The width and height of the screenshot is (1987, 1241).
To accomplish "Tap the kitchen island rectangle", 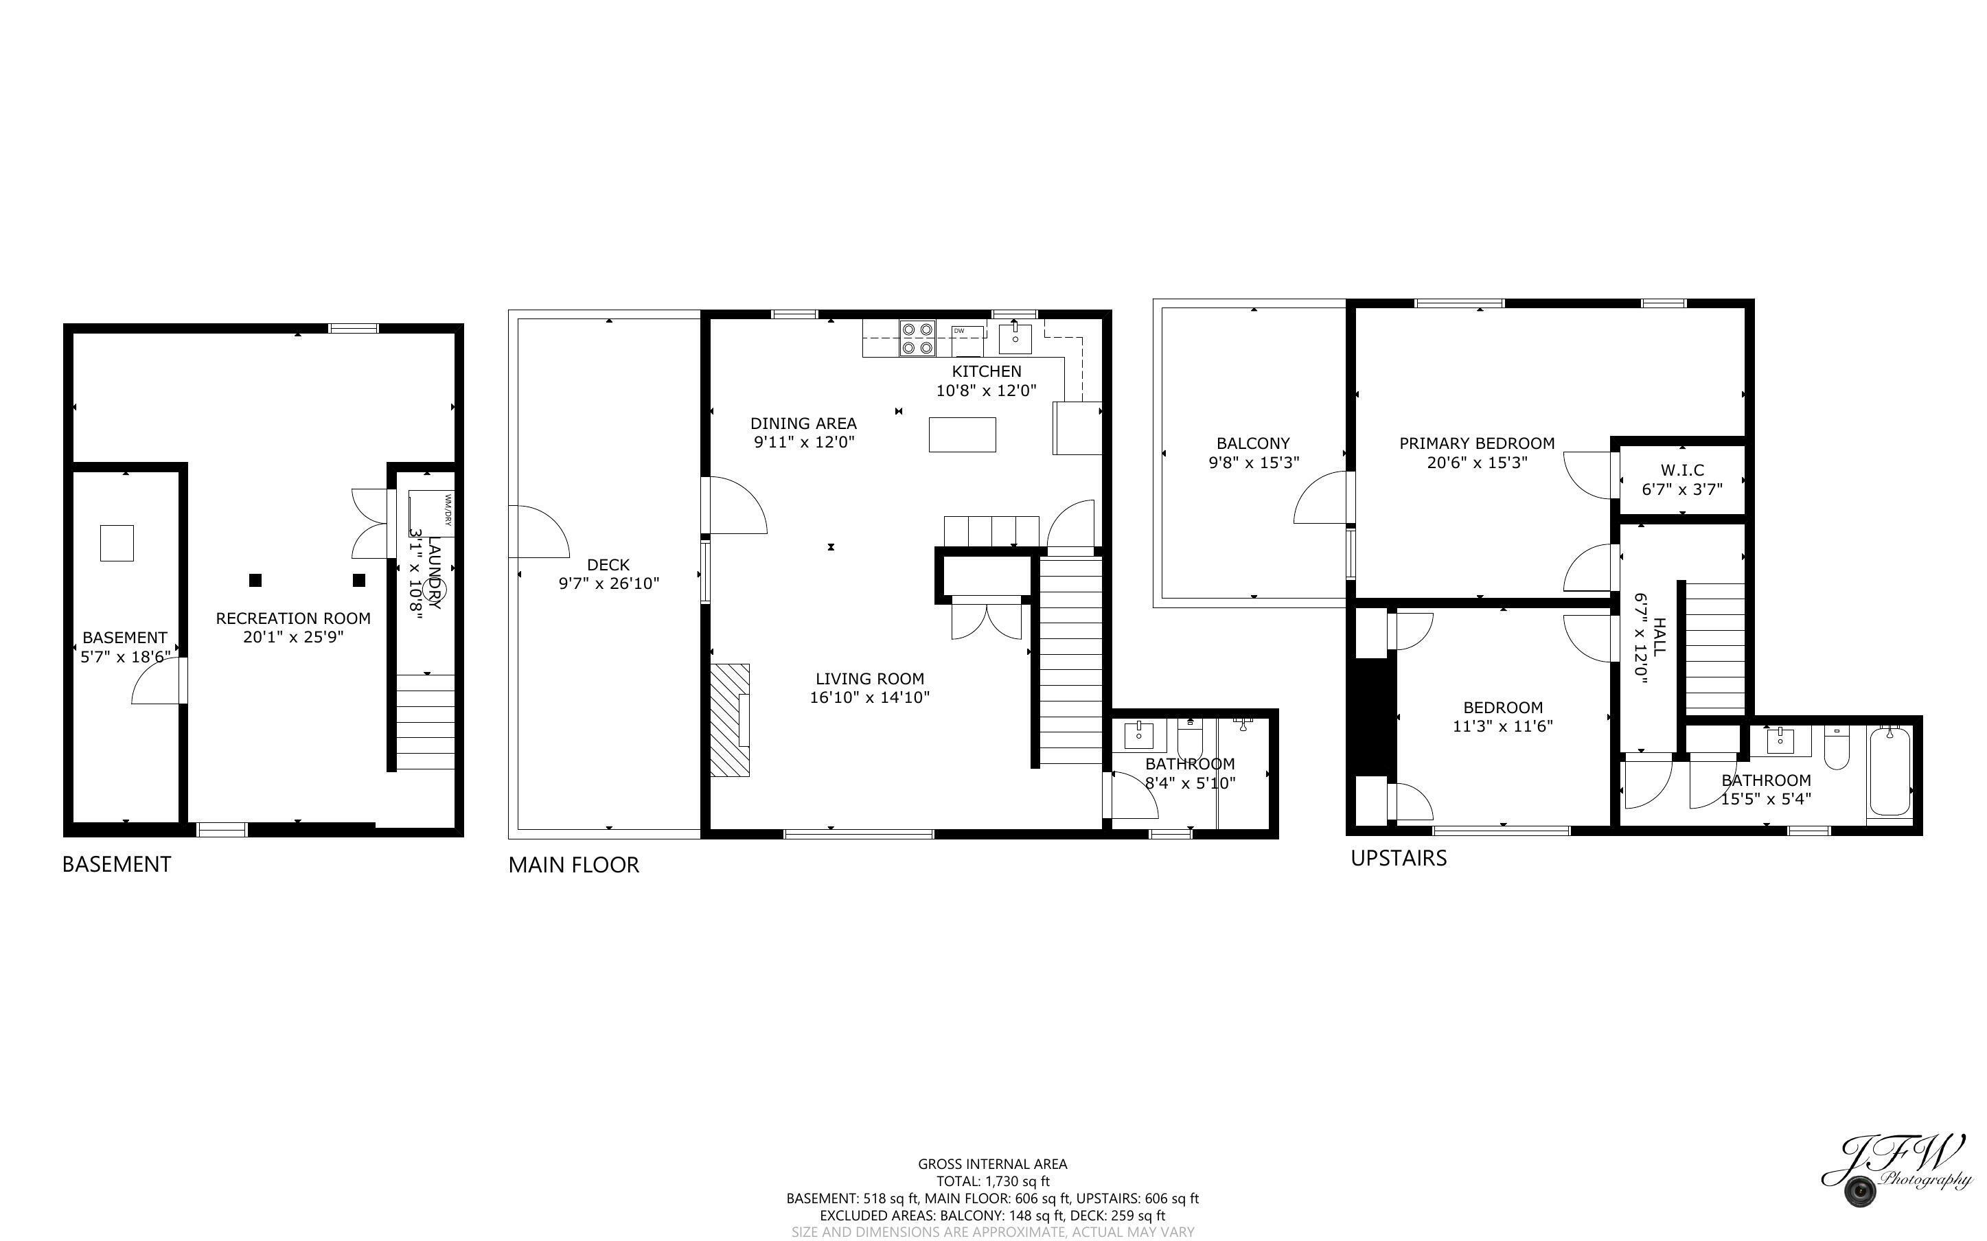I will tap(962, 434).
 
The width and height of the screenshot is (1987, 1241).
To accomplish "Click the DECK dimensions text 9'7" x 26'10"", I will tap(608, 583).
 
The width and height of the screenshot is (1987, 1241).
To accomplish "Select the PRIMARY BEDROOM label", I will tap(1476, 444).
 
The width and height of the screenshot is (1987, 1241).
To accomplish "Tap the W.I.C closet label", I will tap(1681, 470).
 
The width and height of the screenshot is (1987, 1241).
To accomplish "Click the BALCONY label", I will tap(1253, 444).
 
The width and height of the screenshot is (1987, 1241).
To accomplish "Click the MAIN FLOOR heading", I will tap(573, 865).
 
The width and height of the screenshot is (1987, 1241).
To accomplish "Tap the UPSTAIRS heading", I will tap(1399, 859).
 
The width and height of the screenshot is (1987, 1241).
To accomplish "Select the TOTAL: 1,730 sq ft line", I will tap(992, 1181).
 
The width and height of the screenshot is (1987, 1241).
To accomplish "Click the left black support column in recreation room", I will tap(255, 580).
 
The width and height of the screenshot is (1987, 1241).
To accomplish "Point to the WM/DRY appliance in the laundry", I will tap(431, 513).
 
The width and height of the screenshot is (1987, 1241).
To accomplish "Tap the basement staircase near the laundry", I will tap(425, 721).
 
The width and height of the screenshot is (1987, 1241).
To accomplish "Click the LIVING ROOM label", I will tap(869, 679).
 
